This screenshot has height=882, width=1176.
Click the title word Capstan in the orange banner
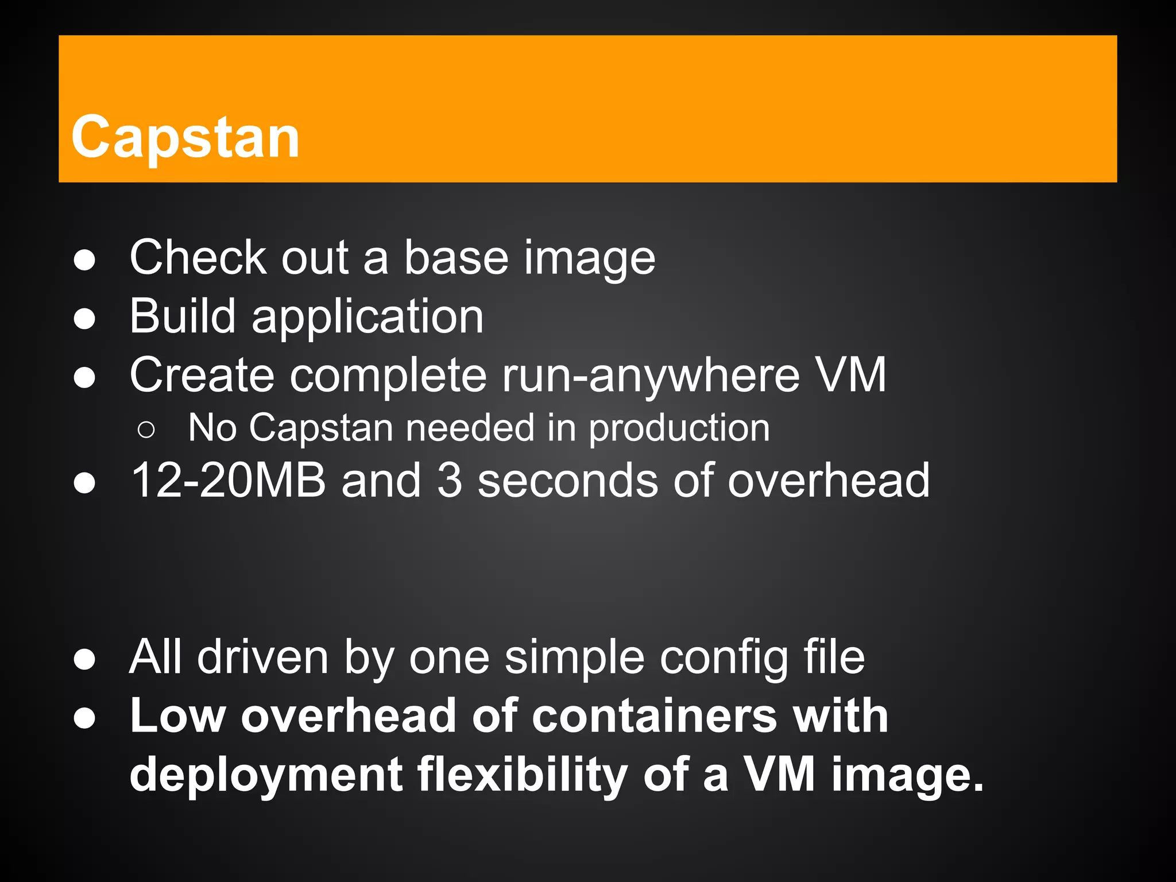185,137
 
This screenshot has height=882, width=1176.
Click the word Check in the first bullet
198,258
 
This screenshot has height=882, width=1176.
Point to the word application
367,318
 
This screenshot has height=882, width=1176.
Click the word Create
202,375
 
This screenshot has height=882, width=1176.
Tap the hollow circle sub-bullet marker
146,430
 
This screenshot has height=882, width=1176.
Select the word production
679,430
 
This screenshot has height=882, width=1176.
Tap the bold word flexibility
522,775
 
